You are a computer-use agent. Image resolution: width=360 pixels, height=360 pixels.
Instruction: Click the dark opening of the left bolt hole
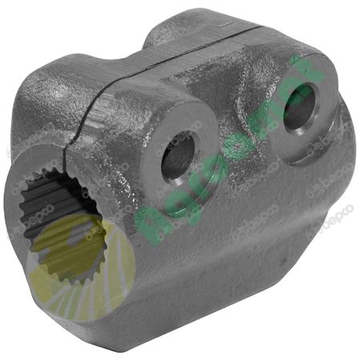point(177,158)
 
